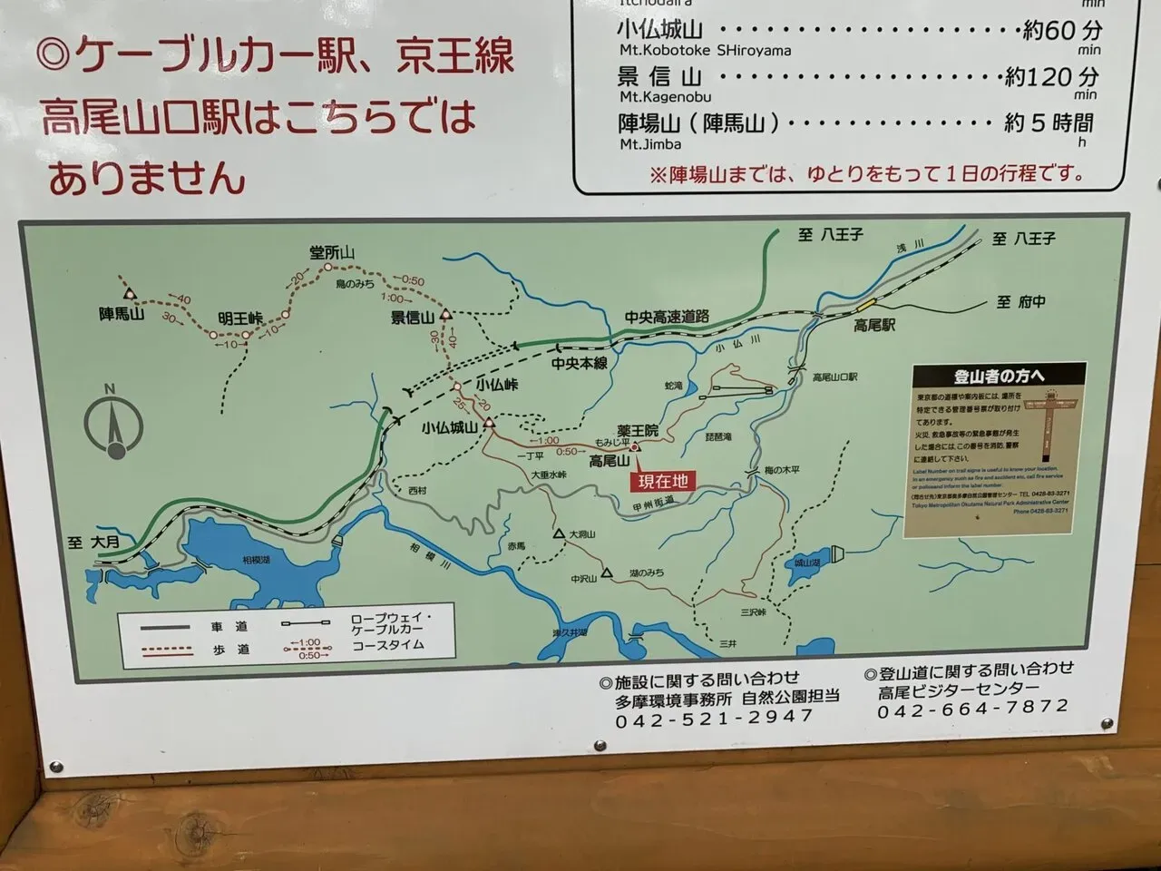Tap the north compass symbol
click(114, 423)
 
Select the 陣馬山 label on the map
click(122, 315)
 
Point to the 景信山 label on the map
click(413, 317)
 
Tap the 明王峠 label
click(240, 318)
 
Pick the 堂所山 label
click(330, 253)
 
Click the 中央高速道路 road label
click(666, 318)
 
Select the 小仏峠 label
click(496, 384)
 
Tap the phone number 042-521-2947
click(714, 717)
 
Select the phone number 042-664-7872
click(972, 708)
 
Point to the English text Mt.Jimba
click(650, 144)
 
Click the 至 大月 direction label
click(93, 543)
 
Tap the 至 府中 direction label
click(1020, 302)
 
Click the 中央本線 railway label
click(580, 363)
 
